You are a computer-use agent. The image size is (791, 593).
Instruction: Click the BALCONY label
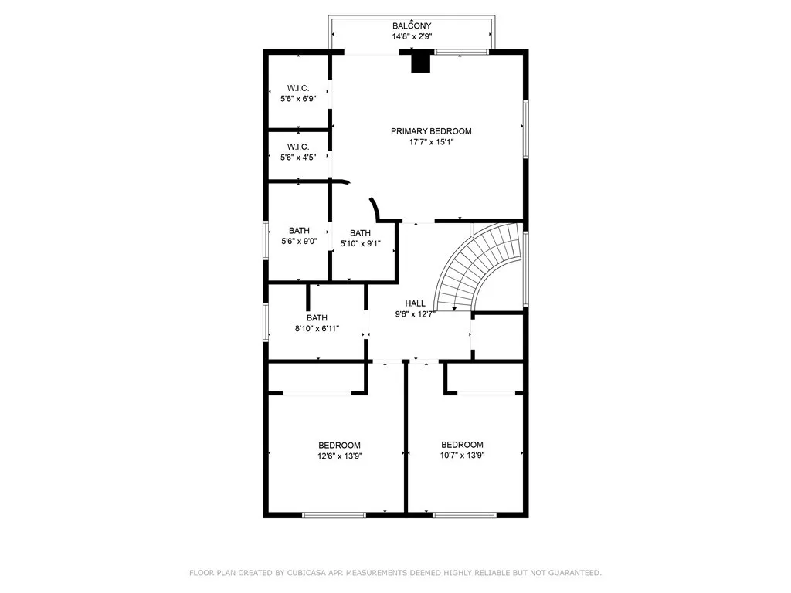pos(412,25)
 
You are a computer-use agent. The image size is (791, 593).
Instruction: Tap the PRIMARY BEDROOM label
pos(431,131)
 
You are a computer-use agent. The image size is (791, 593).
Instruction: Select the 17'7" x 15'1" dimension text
pos(431,142)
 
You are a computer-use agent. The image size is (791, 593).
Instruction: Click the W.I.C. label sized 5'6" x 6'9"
pos(298,88)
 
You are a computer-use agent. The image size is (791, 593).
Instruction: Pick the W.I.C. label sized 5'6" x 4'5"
pos(298,147)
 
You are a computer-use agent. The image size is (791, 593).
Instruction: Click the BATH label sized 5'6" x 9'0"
pos(299,230)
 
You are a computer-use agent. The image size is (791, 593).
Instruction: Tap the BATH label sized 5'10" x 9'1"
pos(360,233)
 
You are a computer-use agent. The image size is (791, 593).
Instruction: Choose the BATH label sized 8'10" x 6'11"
pos(317,317)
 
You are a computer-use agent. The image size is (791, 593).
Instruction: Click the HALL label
pos(415,303)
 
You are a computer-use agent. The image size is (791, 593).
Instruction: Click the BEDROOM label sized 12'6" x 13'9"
pos(340,446)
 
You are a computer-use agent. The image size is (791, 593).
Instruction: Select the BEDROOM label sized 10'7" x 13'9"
pos(462,445)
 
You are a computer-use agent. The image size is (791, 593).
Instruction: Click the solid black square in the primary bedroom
pos(421,62)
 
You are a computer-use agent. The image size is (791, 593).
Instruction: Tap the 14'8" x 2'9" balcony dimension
pos(412,36)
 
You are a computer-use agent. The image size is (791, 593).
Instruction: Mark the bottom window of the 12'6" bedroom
pos(334,515)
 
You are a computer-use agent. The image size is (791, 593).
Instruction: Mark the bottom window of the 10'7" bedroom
pos(464,515)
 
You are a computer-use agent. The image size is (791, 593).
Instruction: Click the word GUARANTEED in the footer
pos(575,573)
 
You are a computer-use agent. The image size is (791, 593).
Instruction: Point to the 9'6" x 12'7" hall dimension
pos(415,314)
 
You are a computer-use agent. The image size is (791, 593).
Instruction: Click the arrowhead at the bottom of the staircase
pos(454,308)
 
